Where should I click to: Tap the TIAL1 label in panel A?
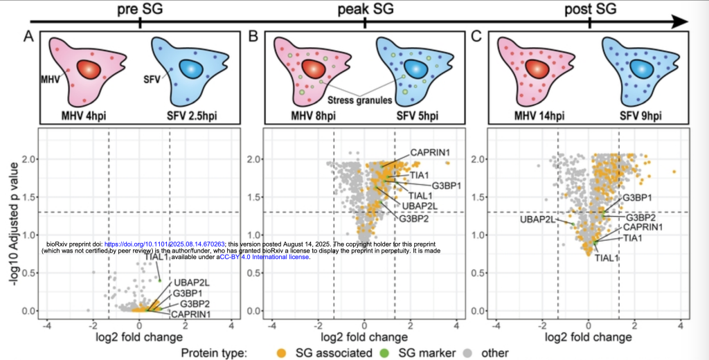coord(157,258)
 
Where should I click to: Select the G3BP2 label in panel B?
coord(413,219)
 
